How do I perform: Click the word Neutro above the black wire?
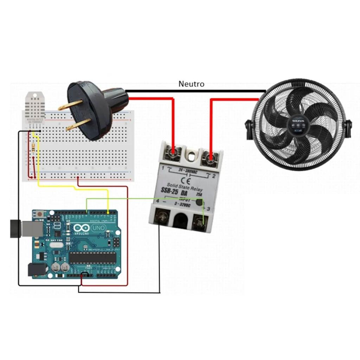(191, 84)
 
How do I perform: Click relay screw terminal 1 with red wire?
(173, 152)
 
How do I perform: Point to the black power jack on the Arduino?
(37, 269)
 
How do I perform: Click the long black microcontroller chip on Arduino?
(92, 258)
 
